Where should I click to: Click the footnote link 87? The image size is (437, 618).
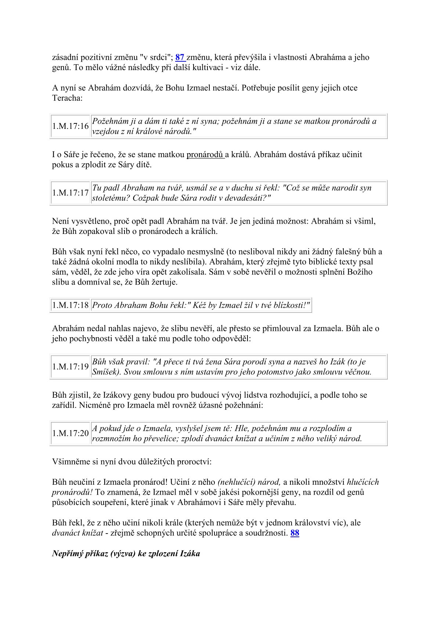(x=180, y=57)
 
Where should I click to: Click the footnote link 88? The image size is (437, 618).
(x=295, y=533)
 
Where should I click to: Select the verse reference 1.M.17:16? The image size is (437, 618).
(x=71, y=126)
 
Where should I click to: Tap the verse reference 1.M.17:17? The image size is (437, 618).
(x=71, y=193)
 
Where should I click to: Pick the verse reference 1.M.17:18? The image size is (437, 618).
(x=71, y=305)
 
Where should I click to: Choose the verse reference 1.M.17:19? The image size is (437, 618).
(x=71, y=366)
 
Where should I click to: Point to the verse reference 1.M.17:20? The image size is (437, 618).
(x=71, y=433)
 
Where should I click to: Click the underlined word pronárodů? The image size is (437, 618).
(x=205, y=155)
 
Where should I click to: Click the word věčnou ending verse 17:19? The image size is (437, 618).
(x=358, y=372)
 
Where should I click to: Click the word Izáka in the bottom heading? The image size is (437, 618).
(x=190, y=553)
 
